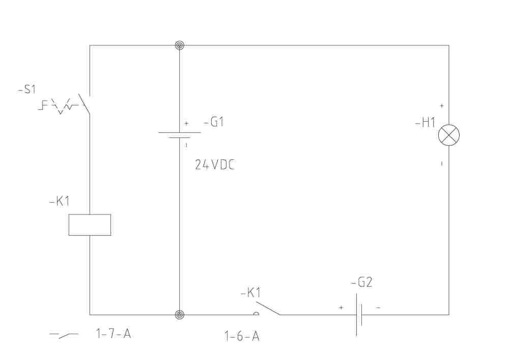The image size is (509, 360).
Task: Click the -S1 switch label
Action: [27, 89]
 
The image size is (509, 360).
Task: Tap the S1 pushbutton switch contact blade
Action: [84, 104]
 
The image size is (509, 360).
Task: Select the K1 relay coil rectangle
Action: [90, 225]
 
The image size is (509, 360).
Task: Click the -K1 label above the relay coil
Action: [60, 202]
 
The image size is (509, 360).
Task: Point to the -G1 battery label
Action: [214, 122]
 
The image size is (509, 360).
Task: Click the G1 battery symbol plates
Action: [180, 135]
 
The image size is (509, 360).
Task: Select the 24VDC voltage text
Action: [215, 165]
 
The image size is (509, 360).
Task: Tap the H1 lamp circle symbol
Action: [449, 135]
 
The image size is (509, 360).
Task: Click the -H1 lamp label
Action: [425, 123]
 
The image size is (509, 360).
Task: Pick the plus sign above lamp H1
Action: [441, 106]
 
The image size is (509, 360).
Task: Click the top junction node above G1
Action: [180, 45]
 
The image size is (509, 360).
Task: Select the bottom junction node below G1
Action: [180, 315]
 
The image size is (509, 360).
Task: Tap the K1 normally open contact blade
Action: [268, 309]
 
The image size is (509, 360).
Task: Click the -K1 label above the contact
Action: [250, 293]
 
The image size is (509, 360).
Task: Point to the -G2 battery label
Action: [361, 283]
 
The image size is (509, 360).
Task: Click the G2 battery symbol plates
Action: [359, 315]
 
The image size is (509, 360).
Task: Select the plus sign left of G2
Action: [341, 308]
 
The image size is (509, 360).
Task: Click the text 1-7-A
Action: [114, 334]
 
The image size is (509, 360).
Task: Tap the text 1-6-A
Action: [242, 336]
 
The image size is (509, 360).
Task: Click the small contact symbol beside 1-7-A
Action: [64, 335]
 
